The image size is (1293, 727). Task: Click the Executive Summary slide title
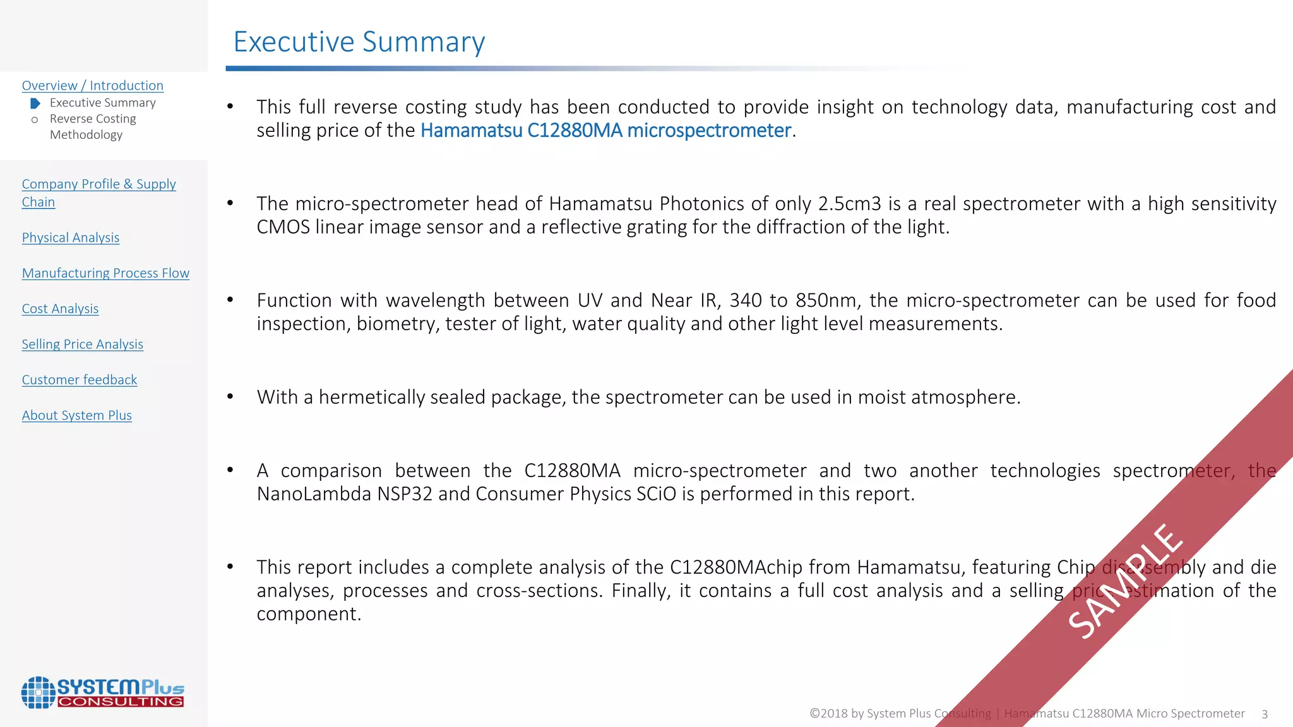click(x=359, y=42)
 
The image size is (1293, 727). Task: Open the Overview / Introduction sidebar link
click(x=92, y=85)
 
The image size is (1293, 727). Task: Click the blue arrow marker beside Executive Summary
click(x=35, y=103)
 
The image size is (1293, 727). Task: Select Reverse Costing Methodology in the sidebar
click(x=92, y=126)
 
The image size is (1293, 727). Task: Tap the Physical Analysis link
click(x=70, y=237)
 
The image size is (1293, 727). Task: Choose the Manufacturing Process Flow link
click(x=105, y=273)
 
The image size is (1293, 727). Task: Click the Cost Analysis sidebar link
click(x=60, y=309)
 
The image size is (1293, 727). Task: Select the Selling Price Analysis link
click(x=82, y=344)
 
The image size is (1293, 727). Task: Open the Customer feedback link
click(x=79, y=379)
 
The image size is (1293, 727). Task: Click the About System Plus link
click(x=76, y=415)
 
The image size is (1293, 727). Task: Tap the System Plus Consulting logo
click(x=102, y=692)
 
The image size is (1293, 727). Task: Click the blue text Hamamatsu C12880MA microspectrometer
click(x=605, y=130)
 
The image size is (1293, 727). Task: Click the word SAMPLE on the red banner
click(x=1124, y=581)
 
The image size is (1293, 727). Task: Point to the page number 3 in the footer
click(x=1264, y=714)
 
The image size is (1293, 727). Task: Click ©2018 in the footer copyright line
click(x=828, y=713)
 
